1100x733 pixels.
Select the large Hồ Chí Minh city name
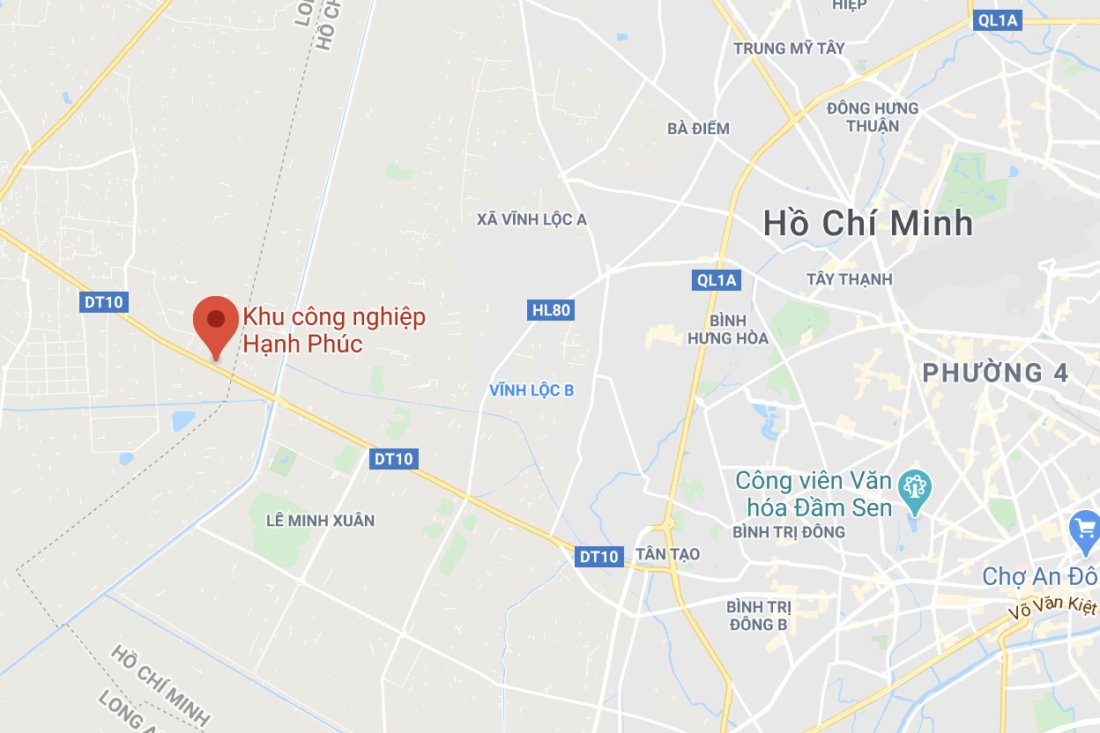tap(868, 223)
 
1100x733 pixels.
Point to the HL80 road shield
tap(552, 309)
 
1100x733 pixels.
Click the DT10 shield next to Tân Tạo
tap(598, 556)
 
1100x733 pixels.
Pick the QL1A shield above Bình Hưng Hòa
tap(715, 280)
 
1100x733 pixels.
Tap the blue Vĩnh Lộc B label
tap(531, 389)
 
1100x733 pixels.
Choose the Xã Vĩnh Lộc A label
tap(531, 218)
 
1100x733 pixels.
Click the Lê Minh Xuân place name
tap(320, 520)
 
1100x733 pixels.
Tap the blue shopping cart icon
tap(1084, 530)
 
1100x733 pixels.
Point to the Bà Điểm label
tap(698, 129)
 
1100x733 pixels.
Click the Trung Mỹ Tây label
tap(789, 48)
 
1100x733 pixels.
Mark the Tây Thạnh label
tap(849, 279)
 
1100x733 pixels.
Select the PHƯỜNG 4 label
tap(995, 373)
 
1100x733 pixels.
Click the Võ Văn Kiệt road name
tap(1054, 609)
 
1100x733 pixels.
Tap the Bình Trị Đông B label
tap(758, 616)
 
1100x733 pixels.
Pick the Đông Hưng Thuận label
tap(873, 116)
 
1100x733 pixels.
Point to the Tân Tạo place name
tap(667, 553)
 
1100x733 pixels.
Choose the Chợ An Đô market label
tap(1039, 576)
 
